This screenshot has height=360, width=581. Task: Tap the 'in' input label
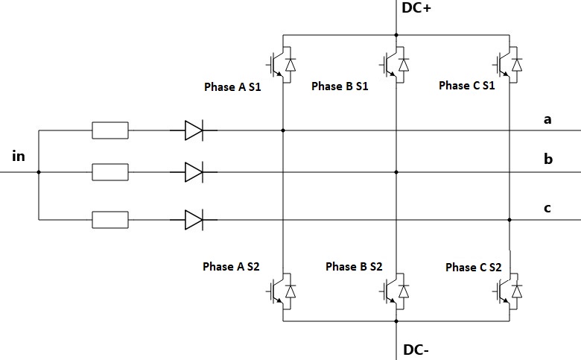(19, 157)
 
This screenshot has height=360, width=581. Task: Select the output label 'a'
(547, 119)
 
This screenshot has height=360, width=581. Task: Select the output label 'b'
(547, 159)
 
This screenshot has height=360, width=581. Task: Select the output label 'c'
(547, 208)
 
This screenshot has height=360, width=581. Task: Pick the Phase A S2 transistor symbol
(282, 289)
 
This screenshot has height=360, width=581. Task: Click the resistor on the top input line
(109, 131)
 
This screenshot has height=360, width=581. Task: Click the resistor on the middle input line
(109, 172)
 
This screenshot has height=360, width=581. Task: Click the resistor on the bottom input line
(109, 220)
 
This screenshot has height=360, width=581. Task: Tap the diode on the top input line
(194, 131)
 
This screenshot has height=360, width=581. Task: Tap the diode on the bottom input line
(194, 220)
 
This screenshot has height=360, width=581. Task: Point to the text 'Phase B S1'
(340, 86)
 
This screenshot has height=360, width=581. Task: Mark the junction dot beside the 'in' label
(39, 172)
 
